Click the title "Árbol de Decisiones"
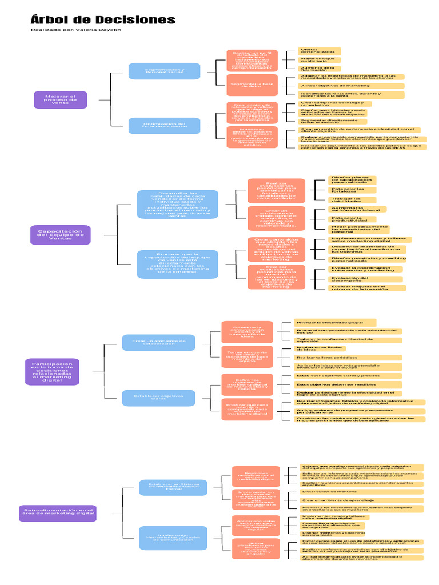[x=103, y=20]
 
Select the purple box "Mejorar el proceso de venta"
[x=60, y=100]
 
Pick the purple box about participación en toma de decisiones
[x=52, y=371]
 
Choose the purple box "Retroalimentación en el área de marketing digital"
[x=58, y=512]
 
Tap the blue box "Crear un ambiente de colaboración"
[x=158, y=342]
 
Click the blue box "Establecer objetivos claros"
[x=158, y=397]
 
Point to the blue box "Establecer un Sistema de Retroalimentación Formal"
[x=173, y=487]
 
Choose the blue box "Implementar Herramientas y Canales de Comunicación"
[x=173, y=542]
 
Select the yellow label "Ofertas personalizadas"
[x=319, y=51]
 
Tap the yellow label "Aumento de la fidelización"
[x=319, y=69]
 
